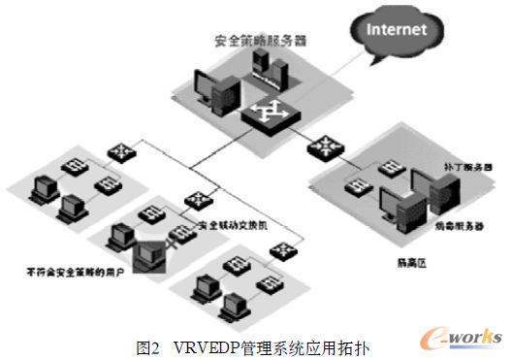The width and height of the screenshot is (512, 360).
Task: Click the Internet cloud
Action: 397,31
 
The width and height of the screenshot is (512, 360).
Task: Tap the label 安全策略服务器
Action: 260,42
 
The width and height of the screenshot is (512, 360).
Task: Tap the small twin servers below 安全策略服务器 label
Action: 268,67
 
